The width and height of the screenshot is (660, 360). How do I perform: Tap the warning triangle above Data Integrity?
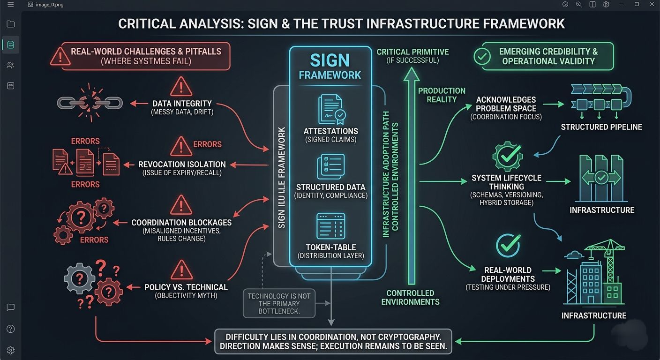point(181,87)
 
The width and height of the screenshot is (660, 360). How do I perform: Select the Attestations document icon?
point(330,110)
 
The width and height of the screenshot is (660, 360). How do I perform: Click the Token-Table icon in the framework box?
point(330,226)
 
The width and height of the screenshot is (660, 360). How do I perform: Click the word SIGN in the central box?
point(330,60)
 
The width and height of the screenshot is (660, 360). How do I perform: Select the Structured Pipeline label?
point(601,127)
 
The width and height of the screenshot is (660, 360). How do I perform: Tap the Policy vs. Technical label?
point(186,287)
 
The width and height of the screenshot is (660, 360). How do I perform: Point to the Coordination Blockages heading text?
point(181,223)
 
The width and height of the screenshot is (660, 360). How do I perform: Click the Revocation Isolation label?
point(182,165)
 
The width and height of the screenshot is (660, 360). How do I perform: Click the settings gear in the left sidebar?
point(11,350)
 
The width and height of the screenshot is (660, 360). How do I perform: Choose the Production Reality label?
point(442,95)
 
